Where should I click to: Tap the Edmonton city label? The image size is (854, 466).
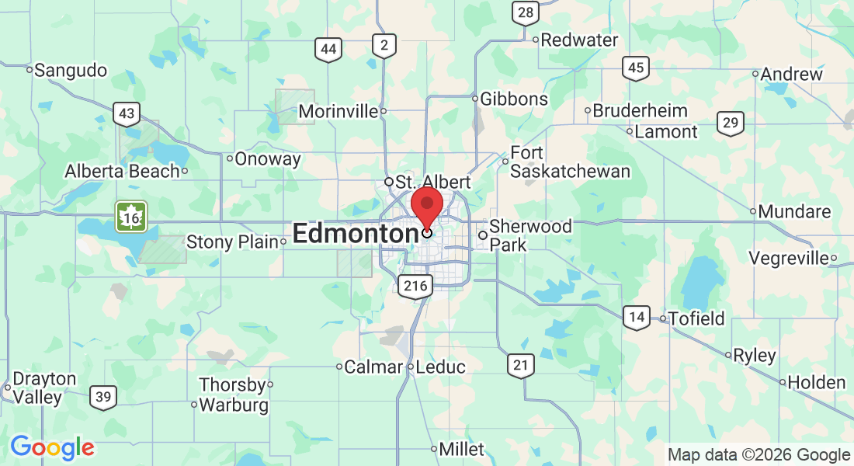356,234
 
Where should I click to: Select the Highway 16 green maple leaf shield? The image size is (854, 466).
131,217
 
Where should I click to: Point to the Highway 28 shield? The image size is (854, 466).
526,12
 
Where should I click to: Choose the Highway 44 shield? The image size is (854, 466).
328,50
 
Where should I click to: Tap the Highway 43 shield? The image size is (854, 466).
127,113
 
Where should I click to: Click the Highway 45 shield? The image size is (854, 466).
636,68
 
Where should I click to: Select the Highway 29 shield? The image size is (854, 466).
730,123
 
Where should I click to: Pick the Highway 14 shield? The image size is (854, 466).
637,316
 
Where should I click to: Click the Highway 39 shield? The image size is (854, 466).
103,397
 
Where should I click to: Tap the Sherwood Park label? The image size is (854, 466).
530,235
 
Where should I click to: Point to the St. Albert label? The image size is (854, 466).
432,182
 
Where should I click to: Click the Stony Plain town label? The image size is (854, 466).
232,242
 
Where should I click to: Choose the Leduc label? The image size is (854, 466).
441,367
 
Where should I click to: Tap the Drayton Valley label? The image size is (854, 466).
46,388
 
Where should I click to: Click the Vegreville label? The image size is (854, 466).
788,258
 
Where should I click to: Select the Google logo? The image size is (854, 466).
52,447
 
